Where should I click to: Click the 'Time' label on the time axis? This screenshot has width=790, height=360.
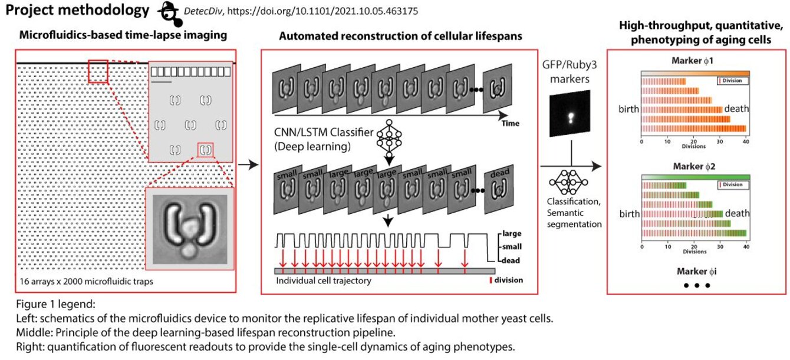coord(510,124)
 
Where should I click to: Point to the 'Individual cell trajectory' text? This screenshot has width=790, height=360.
coord(324,280)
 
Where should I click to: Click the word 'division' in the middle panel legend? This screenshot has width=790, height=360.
coord(508,280)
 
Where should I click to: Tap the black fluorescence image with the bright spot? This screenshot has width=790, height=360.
coord(570,114)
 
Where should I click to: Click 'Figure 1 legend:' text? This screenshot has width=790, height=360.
coord(52,305)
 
